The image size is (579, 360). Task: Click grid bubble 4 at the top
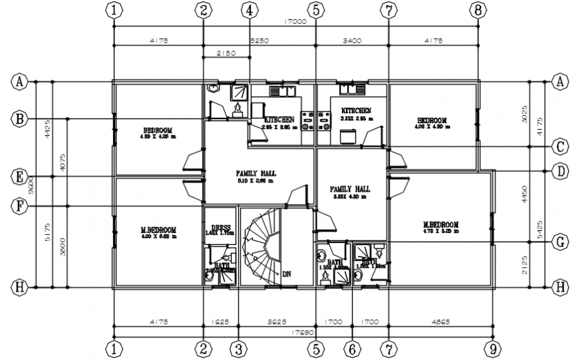249,10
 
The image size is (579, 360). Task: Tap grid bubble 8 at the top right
478,10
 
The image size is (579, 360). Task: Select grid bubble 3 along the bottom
238,348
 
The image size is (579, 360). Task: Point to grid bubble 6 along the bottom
353,348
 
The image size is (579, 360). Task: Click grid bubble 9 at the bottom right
492,348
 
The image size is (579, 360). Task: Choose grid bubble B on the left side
20,119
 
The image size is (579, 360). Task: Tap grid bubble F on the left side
20,206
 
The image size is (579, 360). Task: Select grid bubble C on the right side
560,146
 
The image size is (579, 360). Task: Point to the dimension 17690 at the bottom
295,331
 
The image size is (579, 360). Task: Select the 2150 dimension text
226,53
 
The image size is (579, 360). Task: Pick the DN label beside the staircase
287,273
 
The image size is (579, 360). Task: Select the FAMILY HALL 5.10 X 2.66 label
256,176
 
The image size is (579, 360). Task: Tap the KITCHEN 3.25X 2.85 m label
356,114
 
